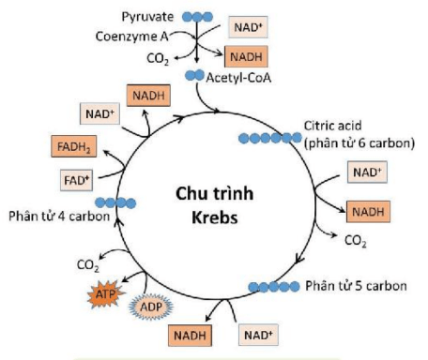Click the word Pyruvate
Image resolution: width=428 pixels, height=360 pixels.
click(x=148, y=17)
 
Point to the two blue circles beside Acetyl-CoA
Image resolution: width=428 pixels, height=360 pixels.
click(x=194, y=75)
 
